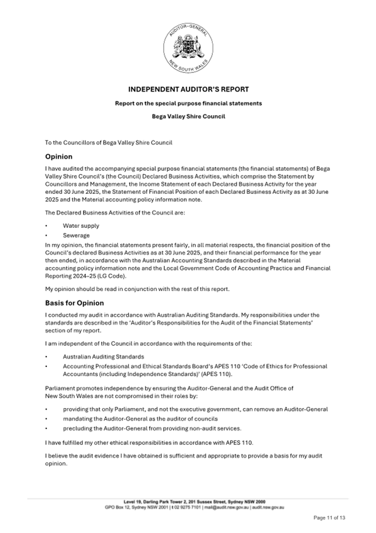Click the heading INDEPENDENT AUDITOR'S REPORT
pos(188,89)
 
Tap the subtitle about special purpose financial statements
pos(188,103)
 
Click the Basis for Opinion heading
pos(74,303)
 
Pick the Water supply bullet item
pos(81,226)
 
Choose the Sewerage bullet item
pos(76,236)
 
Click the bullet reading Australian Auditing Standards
pos(103,356)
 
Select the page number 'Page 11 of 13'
pos(329,518)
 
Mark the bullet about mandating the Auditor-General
pos(140,418)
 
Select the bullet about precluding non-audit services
pos(152,428)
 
